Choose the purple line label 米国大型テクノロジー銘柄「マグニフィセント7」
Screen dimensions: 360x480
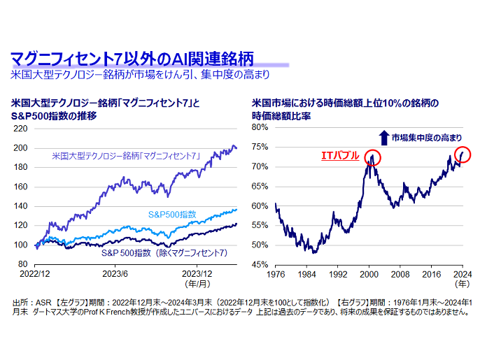click(127, 155)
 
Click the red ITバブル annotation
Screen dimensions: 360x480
click(339, 154)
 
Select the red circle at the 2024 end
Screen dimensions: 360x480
click(463, 153)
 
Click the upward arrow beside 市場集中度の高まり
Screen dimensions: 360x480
click(383, 136)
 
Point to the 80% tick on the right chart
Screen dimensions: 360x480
click(260, 128)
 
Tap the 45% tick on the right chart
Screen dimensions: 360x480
click(260, 265)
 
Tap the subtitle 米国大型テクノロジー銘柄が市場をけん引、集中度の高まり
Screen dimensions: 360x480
click(140, 73)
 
